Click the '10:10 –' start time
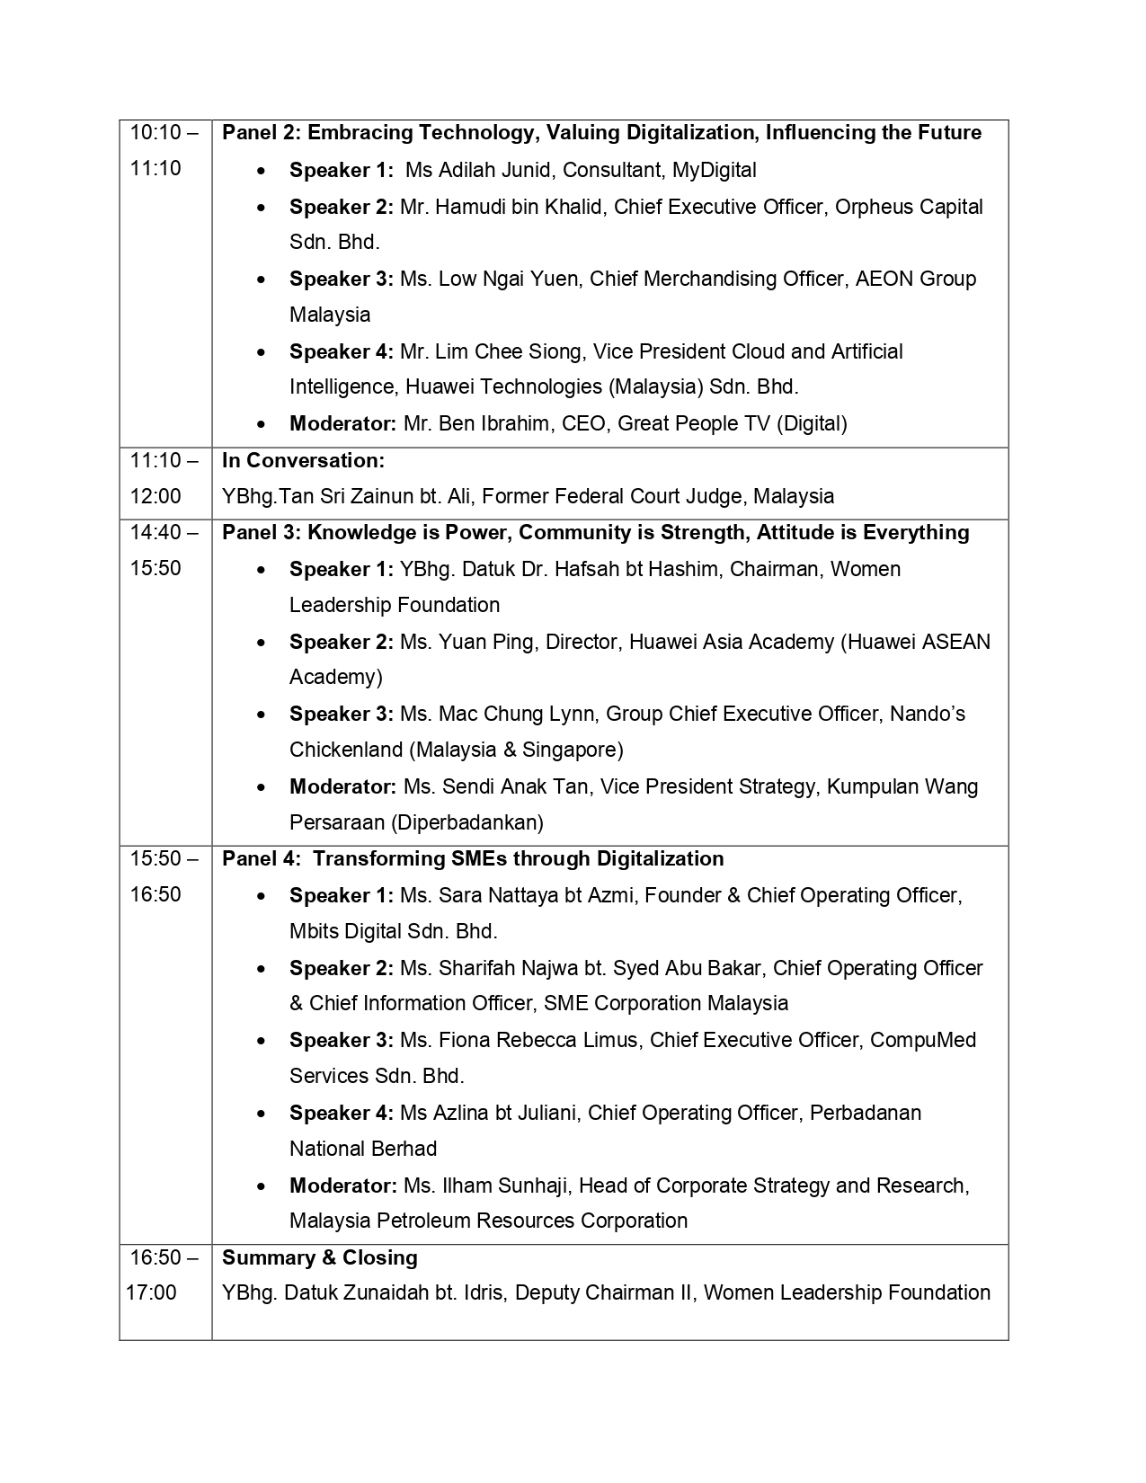(164, 133)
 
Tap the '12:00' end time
(155, 496)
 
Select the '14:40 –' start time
(164, 532)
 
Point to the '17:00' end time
(151, 1292)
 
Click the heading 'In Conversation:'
(303, 461)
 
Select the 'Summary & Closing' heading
(320, 1257)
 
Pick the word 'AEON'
(884, 279)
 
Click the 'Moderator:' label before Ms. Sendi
(342, 786)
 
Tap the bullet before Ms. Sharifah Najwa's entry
(261, 969)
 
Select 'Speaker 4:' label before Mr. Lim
(342, 351)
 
